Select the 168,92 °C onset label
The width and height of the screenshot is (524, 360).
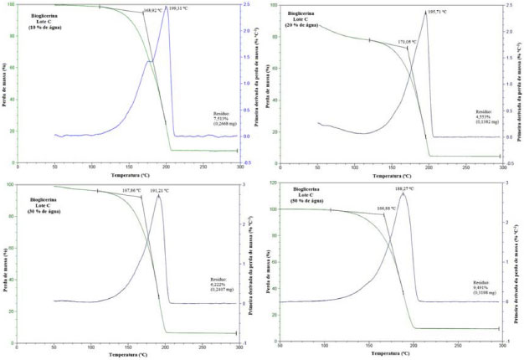pyautogui.click(x=152, y=11)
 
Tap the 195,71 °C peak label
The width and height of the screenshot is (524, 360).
pyautogui.click(x=439, y=13)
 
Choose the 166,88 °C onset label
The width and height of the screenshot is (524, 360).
pyautogui.click(x=387, y=207)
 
